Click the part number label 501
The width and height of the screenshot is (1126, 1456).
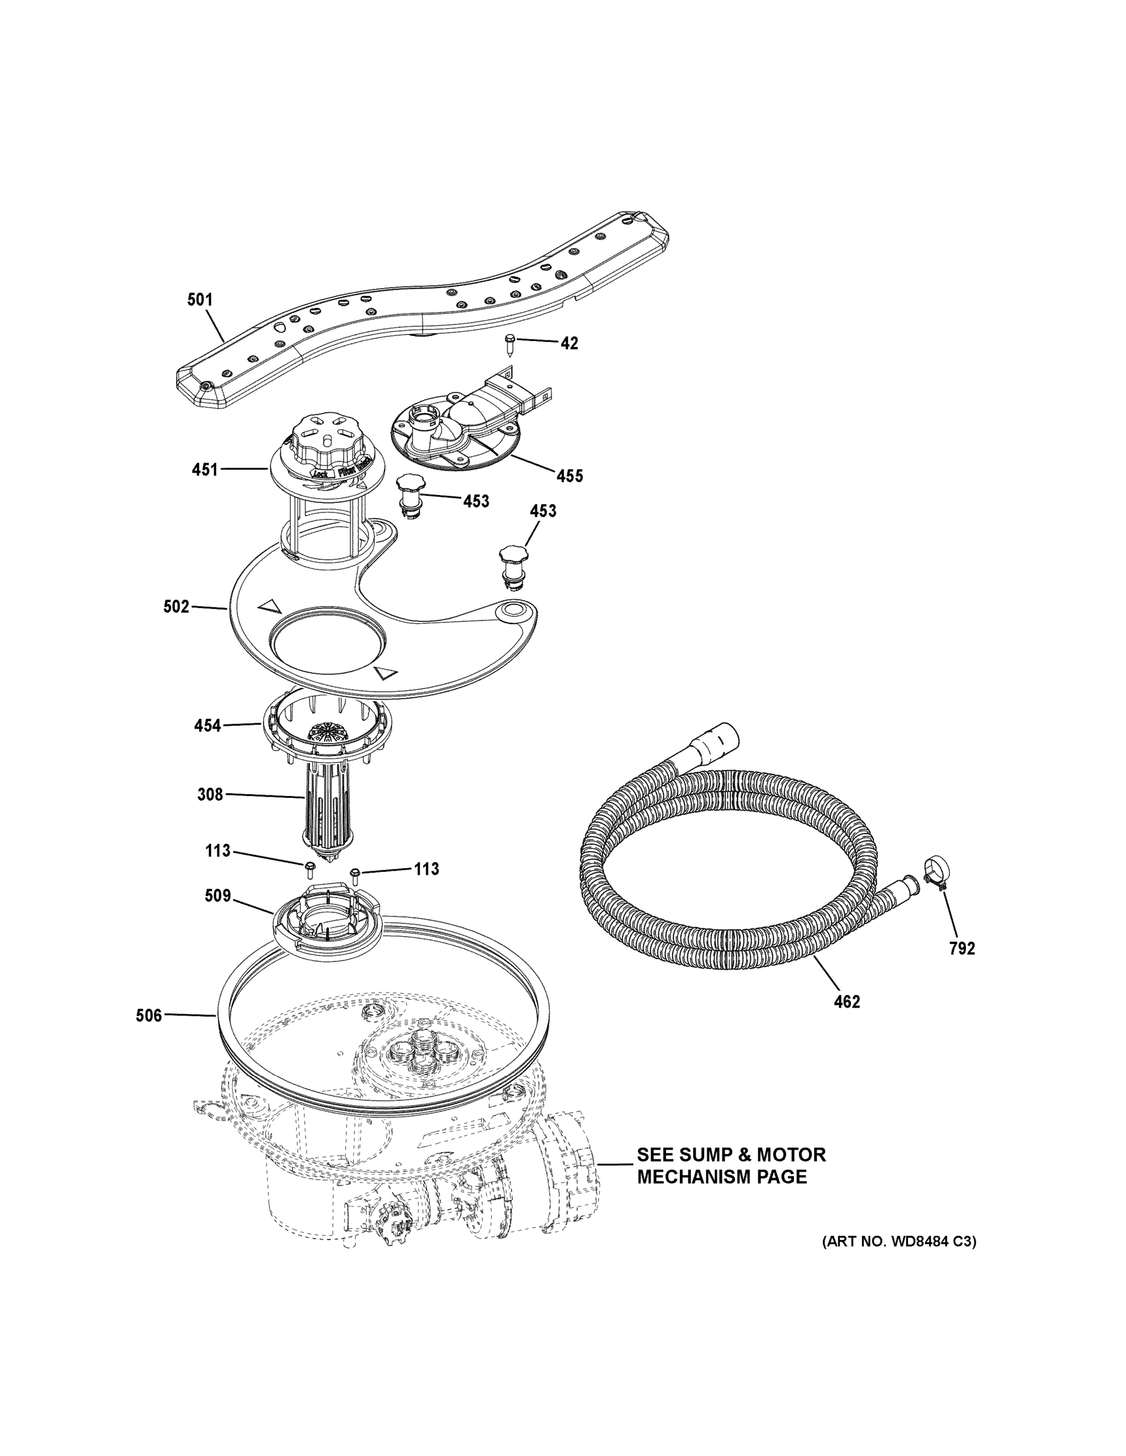point(200,300)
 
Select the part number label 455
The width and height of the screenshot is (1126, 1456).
point(569,476)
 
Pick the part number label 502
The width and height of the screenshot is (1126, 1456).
point(176,607)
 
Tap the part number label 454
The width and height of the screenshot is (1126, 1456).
point(207,726)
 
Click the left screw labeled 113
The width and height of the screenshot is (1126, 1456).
point(310,868)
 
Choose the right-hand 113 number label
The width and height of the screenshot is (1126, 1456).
point(426,869)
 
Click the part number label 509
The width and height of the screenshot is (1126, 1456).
point(217,895)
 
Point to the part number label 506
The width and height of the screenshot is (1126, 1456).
point(149,1016)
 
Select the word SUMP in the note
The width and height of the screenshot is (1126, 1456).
point(700,1154)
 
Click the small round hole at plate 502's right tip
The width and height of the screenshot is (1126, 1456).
point(514,609)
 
